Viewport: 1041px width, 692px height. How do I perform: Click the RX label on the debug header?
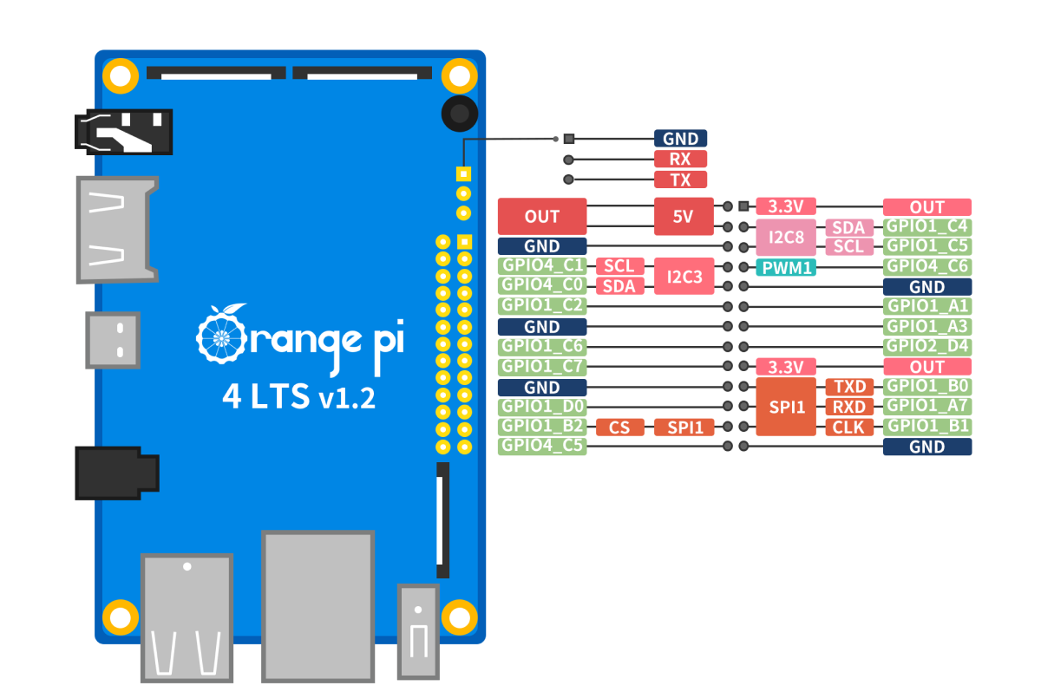(x=680, y=159)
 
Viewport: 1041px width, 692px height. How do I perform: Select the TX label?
(x=680, y=180)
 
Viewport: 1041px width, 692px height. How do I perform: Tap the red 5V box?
(x=683, y=217)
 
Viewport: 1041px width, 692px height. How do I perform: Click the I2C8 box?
(x=786, y=237)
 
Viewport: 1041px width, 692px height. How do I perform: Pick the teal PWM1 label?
(x=786, y=267)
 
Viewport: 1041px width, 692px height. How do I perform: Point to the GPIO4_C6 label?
(x=926, y=266)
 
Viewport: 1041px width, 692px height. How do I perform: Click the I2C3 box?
(x=683, y=277)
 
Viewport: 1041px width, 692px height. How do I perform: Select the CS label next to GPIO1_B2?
(x=619, y=427)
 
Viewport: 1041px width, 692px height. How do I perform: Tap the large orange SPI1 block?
(x=786, y=406)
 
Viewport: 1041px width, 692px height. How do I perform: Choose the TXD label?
(x=849, y=386)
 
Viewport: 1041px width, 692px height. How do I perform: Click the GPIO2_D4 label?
(x=926, y=346)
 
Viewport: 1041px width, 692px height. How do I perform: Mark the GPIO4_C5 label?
(x=542, y=447)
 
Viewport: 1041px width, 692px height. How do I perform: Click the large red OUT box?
(x=542, y=217)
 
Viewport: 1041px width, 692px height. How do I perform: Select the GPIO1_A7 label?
(x=926, y=406)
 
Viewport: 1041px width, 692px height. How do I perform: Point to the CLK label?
(x=849, y=427)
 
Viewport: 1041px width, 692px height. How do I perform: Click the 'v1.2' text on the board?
(x=347, y=399)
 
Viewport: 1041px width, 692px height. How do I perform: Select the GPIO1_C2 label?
(x=542, y=306)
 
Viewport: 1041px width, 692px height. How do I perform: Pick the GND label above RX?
(x=680, y=138)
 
